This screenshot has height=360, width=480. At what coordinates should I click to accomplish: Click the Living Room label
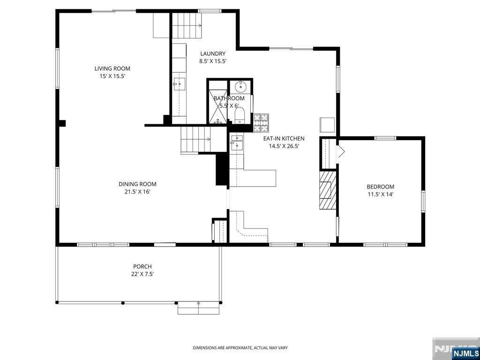click(x=112, y=68)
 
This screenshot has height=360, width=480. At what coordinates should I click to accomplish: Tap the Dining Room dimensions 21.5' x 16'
click(x=137, y=192)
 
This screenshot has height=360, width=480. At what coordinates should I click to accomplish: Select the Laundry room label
click(x=213, y=54)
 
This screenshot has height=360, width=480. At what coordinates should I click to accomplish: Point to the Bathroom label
click(x=229, y=98)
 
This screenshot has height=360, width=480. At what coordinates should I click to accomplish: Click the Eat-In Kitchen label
click(x=284, y=139)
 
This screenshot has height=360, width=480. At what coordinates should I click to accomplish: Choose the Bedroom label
click(x=380, y=187)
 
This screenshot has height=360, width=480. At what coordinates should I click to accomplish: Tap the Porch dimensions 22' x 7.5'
click(x=142, y=274)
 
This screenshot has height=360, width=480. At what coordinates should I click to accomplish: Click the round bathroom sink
click(x=240, y=86)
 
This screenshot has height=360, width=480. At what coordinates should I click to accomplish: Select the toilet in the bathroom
click(x=240, y=115)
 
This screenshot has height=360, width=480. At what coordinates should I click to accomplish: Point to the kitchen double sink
click(x=237, y=142)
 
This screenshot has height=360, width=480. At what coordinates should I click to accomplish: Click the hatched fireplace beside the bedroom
click(x=328, y=190)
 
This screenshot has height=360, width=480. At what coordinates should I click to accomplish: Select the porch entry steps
click(x=198, y=308)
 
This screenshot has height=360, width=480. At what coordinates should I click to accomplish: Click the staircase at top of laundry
click(x=187, y=26)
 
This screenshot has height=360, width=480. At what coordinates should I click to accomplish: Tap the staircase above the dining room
click(x=196, y=139)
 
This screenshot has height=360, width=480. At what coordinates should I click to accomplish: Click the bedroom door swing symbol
click(x=341, y=151)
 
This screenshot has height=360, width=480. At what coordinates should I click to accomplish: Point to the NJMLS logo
click(x=465, y=353)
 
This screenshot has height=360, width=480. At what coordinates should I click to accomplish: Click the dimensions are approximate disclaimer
click(x=240, y=348)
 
